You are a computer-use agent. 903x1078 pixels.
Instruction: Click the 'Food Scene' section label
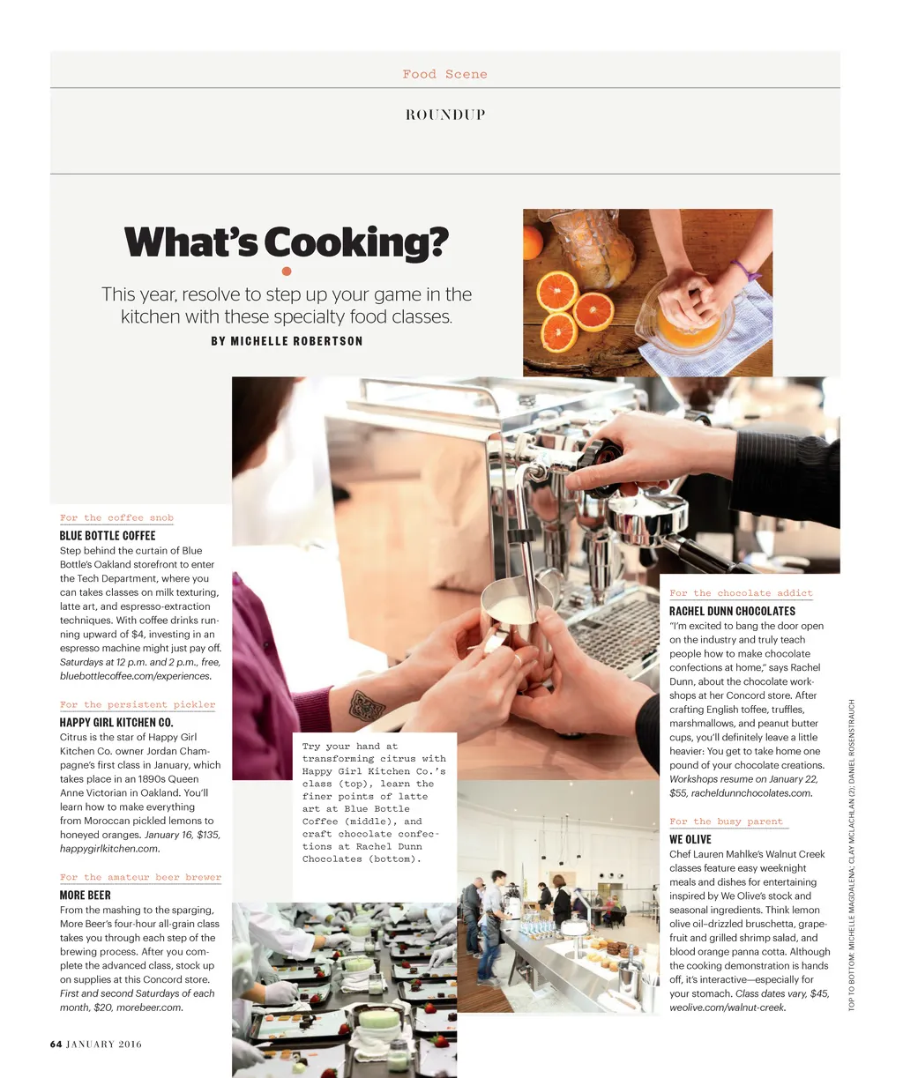444,74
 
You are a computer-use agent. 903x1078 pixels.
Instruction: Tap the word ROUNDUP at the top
445,115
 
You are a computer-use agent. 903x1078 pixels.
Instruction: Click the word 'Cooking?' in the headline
356,242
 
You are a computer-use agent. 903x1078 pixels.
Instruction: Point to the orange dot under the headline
287,271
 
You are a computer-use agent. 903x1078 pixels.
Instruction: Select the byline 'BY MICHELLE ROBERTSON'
287,341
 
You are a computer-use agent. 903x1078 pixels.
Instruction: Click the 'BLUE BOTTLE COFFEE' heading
108,535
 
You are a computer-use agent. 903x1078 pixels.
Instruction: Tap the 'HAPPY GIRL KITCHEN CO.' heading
116,722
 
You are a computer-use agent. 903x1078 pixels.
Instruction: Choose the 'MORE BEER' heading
86,896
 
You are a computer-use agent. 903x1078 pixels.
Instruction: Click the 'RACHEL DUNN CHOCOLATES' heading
732,612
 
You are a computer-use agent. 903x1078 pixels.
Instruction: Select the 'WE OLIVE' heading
690,839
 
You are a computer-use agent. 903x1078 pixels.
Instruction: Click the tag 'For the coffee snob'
116,517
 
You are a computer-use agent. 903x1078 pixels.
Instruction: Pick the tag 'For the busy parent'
727,822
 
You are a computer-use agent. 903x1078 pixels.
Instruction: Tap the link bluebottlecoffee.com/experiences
136,676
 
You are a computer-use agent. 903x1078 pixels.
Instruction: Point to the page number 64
56,1044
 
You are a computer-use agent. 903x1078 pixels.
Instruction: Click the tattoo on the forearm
367,706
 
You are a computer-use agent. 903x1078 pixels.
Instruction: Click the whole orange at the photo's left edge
532,242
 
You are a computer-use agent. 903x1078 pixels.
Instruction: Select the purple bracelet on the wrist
746,271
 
